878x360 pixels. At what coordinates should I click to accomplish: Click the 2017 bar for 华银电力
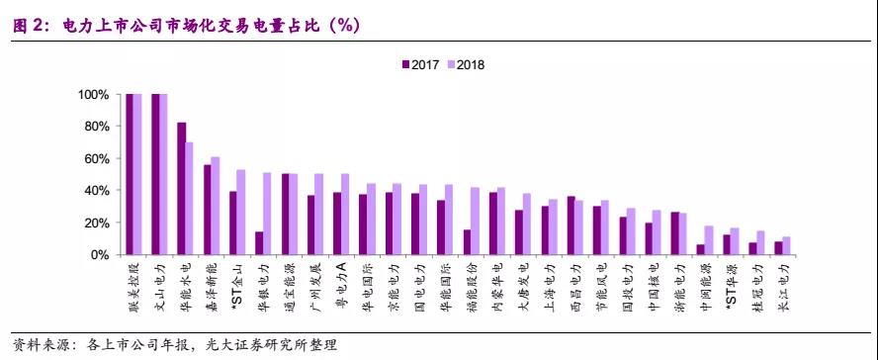260,243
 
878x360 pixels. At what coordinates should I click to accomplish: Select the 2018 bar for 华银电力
268,214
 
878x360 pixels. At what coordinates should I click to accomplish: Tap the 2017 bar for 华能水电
181,188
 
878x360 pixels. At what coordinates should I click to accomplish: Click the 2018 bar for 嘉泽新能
216,206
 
